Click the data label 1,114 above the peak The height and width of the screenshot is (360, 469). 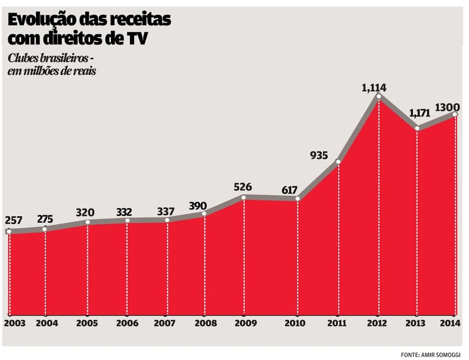click(374, 88)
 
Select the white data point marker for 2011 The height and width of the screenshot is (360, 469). click(338, 161)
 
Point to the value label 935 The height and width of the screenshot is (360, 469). click(319, 156)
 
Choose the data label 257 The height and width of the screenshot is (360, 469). click(14, 220)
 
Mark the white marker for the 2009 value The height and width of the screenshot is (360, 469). click(244, 197)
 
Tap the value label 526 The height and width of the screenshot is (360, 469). click(242, 187)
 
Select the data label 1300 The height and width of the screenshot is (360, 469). click(447, 107)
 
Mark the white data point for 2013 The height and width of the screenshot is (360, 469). click(417, 128)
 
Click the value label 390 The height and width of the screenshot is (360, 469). click(197, 205)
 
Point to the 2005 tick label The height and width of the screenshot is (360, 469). click(87, 323)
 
